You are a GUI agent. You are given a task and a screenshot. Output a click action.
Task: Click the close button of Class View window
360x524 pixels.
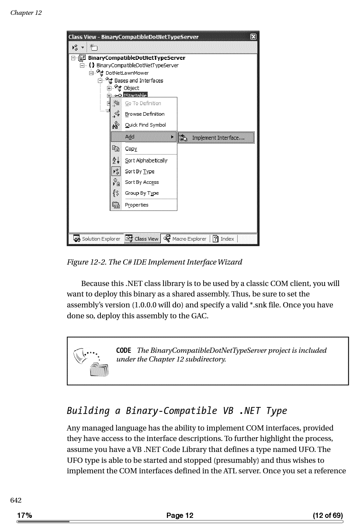point(253,37)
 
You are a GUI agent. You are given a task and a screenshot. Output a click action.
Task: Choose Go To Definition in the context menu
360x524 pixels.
point(143,103)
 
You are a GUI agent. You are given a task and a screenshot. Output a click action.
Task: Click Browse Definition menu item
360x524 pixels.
point(145,114)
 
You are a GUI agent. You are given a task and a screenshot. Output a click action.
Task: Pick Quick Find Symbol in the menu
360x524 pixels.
point(145,125)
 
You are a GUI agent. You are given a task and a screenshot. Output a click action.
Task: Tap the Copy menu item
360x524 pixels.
point(131,149)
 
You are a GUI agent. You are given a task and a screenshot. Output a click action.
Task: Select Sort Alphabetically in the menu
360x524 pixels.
point(146,161)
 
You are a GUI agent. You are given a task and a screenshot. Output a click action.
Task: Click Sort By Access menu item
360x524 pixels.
point(142,182)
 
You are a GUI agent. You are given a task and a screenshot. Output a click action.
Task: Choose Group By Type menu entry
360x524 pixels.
point(142,193)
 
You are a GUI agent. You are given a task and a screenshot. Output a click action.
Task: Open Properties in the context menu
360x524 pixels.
point(136,205)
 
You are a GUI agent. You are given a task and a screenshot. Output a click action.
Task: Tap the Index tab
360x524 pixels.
point(224,239)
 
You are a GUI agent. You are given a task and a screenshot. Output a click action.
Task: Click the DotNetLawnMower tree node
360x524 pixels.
point(127,73)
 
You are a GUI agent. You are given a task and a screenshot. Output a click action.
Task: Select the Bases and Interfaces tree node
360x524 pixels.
point(138,80)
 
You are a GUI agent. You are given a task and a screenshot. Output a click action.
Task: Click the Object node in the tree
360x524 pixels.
point(131,88)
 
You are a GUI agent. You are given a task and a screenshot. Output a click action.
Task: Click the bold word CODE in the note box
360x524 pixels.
point(124,351)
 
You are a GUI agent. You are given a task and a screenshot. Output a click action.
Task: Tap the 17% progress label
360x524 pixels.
point(24,515)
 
